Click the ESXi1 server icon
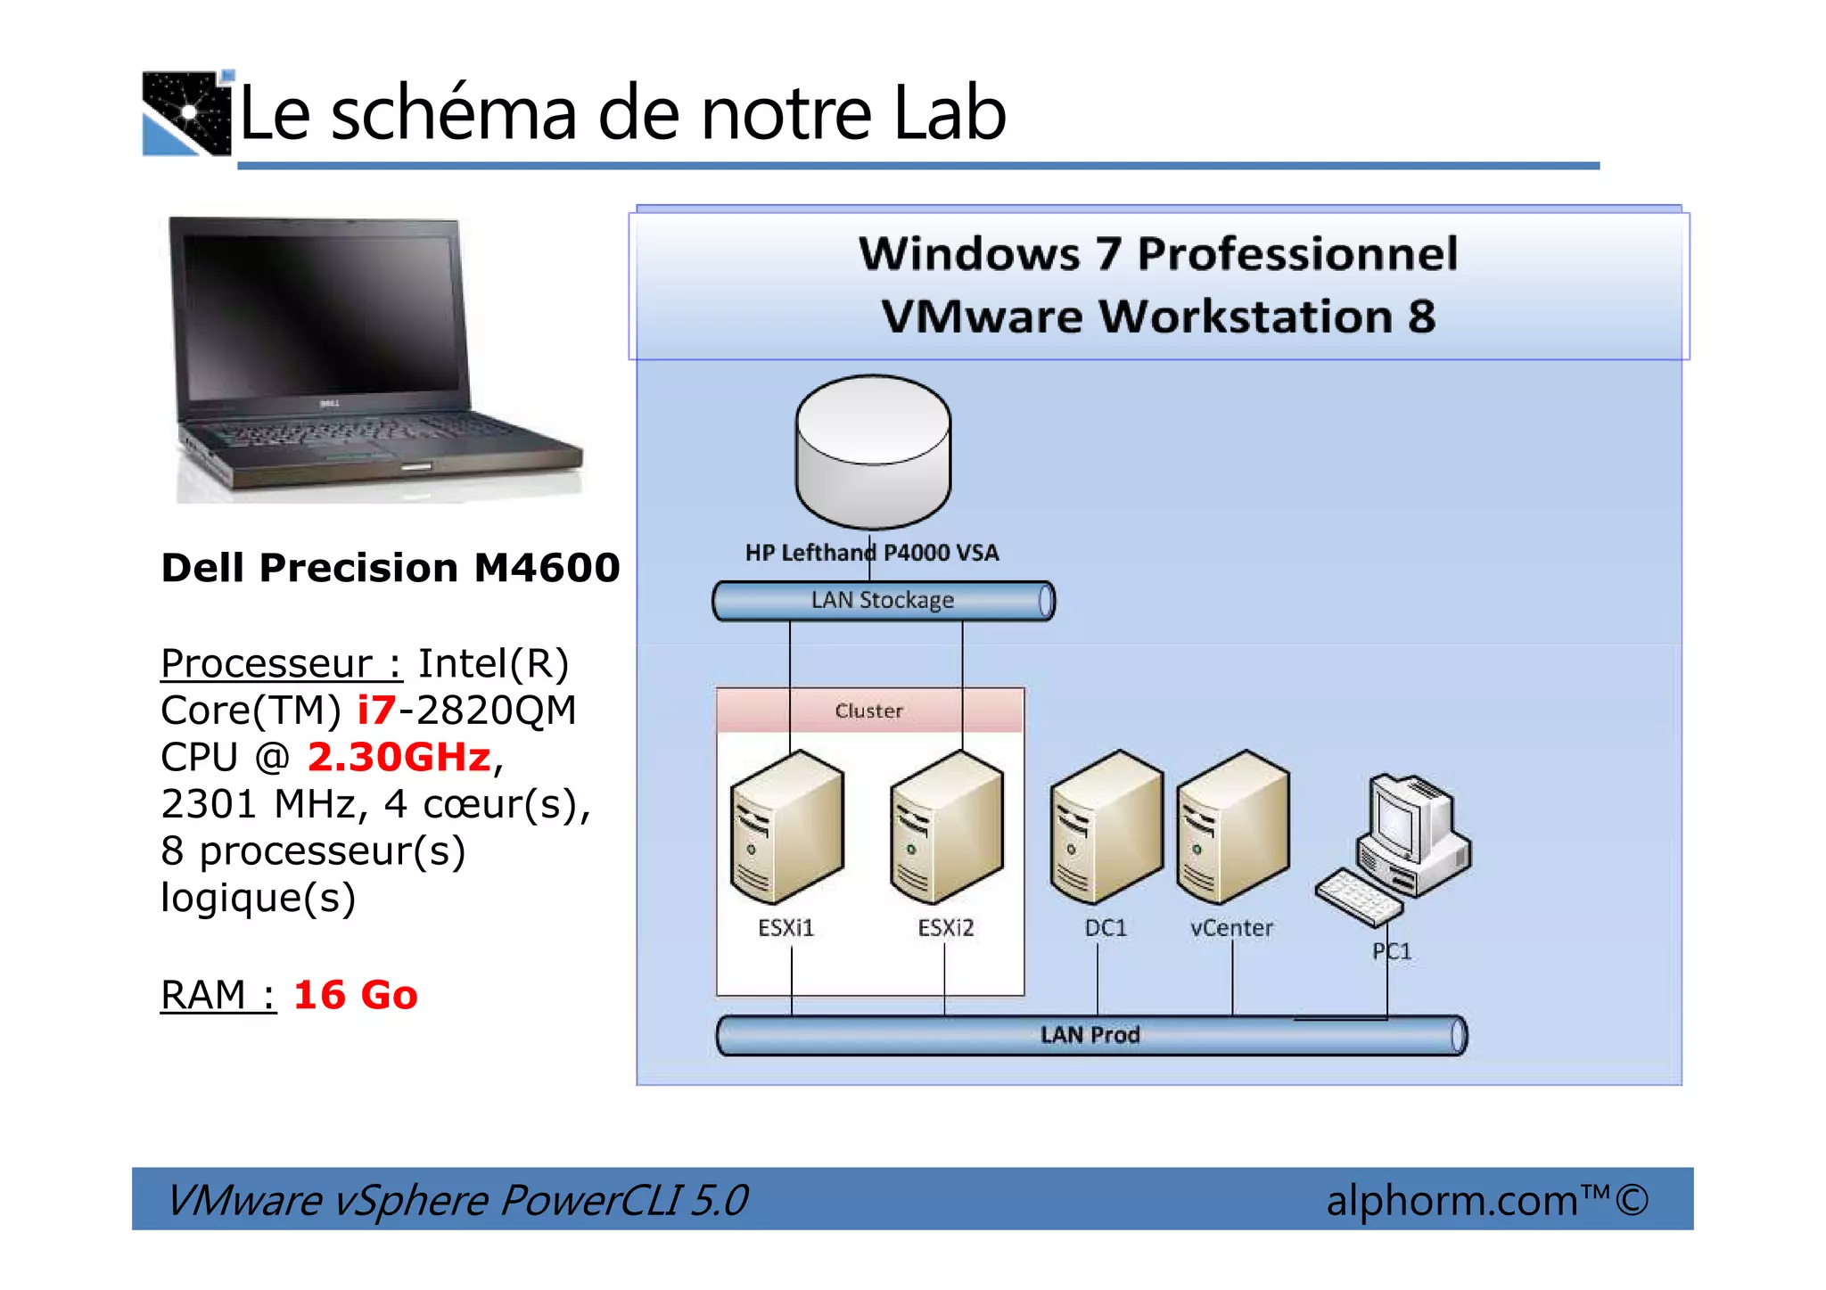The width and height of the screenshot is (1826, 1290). tap(786, 827)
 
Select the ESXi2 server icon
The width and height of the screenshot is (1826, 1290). tap(946, 827)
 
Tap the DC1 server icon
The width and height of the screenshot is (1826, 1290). tap(1106, 827)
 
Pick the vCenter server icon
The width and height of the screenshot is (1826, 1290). tap(1232, 827)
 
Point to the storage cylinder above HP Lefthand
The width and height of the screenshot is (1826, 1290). tap(873, 451)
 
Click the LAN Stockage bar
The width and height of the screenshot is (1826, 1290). tap(883, 601)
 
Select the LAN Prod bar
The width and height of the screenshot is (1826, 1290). tap(1091, 1035)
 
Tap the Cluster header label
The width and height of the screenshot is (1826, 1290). tap(869, 711)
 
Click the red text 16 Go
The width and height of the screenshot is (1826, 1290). tap(355, 995)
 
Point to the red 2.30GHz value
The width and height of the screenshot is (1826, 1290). tap(399, 757)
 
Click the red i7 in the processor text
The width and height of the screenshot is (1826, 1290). tap(376, 711)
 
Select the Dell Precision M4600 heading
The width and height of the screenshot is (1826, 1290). tap(391, 568)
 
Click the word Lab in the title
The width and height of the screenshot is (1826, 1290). tap(950, 113)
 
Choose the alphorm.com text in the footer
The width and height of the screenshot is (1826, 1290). tap(1452, 1200)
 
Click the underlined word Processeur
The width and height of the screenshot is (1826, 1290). tap(267, 663)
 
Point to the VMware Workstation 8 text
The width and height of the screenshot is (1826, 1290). tap(1158, 316)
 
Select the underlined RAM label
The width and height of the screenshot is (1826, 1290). tap(203, 995)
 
